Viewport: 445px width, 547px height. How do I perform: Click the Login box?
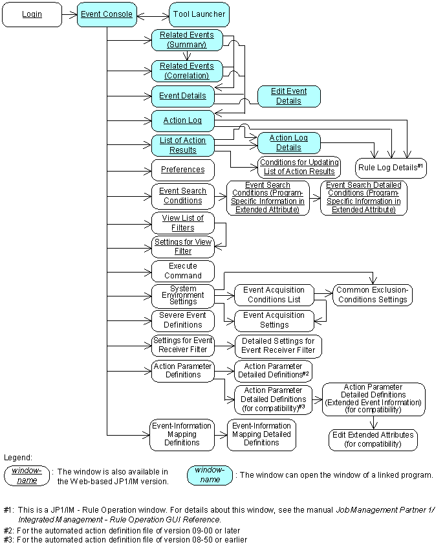coord(32,15)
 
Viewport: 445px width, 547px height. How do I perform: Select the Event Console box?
coord(107,15)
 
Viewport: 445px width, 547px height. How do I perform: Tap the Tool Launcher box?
coord(199,15)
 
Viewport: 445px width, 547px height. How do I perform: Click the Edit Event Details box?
coord(289,96)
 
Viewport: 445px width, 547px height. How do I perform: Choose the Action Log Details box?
coord(289,143)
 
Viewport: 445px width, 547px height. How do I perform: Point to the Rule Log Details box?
coord(391,168)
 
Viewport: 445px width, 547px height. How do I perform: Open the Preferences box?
coord(183,170)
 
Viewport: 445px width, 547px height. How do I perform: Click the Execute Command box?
coord(183,271)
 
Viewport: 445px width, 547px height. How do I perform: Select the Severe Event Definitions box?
coord(183,320)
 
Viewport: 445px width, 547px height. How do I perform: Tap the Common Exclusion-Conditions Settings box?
coord(373,295)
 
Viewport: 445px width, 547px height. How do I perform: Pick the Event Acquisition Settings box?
coord(274,320)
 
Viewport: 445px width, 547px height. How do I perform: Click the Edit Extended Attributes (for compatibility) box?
coord(373,440)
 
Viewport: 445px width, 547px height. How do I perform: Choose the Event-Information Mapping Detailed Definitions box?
coord(261,434)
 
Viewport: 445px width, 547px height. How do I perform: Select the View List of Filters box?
coord(183,223)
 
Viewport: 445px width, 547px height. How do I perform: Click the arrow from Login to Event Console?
coord(69,15)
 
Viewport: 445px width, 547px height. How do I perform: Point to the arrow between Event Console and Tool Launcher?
coord(153,16)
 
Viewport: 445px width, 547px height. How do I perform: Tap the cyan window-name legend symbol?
coord(210,475)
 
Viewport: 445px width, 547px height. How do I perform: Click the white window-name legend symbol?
coord(27,476)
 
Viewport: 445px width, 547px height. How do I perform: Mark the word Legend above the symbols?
coord(18,458)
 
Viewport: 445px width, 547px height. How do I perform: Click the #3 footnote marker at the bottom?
coord(8,540)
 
